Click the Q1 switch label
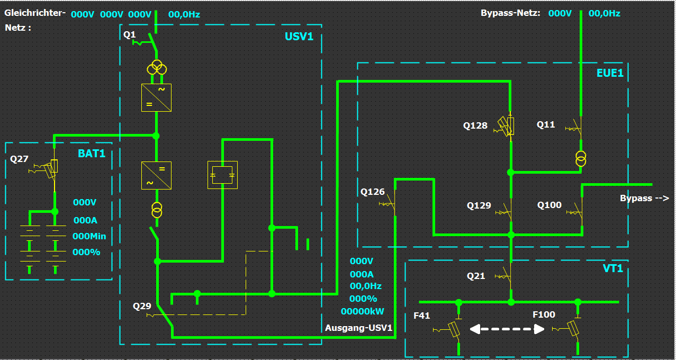130,35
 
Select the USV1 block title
299,37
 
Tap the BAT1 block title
92,154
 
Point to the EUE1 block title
610,73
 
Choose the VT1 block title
613,268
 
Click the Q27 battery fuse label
20,159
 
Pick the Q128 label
475,126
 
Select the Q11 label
546,125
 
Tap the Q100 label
549,205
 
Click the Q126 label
373,192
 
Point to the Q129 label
479,205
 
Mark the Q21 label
476,276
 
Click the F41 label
422,316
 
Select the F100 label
544,315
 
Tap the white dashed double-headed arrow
507,329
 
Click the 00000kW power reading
363,311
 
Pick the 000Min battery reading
89,236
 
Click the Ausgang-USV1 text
359,328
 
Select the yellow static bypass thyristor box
222,175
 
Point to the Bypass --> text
644,199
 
